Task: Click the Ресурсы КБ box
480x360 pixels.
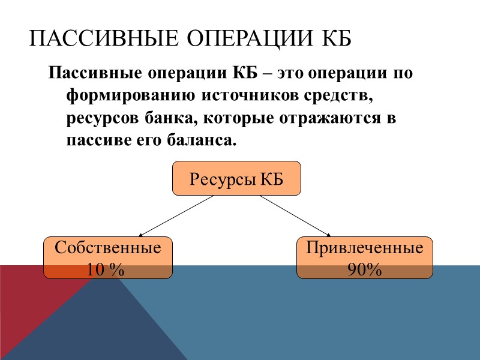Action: [x=236, y=178]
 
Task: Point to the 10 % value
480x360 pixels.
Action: [x=106, y=270]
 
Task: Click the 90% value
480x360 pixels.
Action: [x=365, y=270]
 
